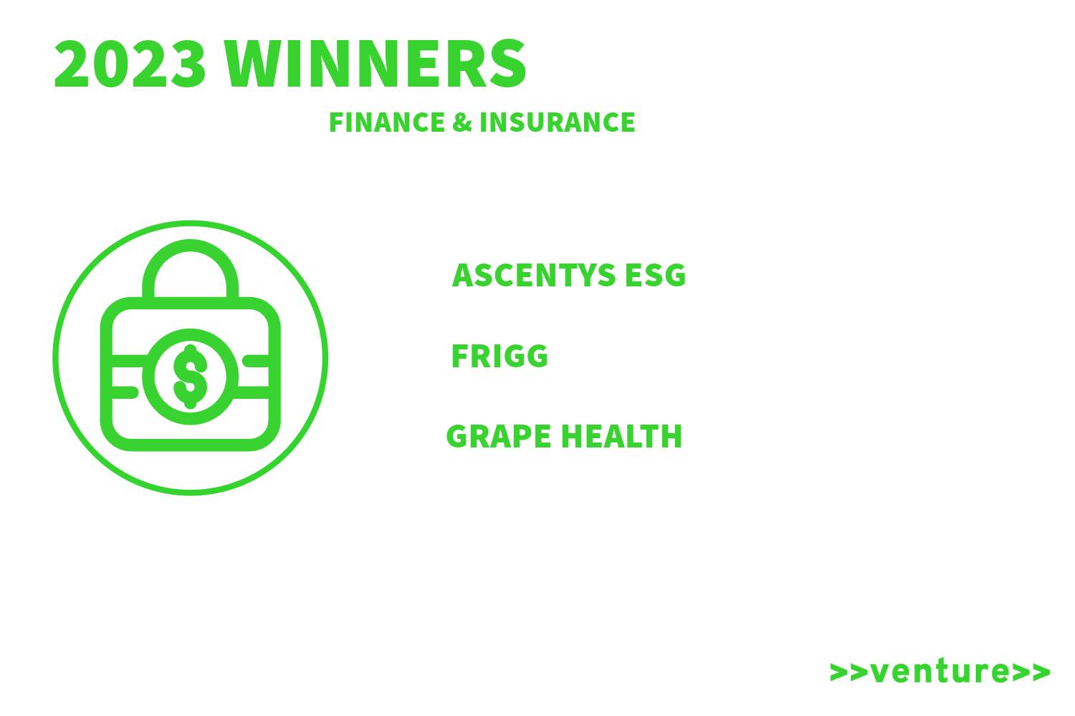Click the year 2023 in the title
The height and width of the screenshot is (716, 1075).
[x=130, y=64]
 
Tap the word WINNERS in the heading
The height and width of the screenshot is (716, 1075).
[x=376, y=64]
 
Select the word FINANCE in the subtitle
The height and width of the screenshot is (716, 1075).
[x=387, y=122]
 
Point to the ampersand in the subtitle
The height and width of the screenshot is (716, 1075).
[x=462, y=122]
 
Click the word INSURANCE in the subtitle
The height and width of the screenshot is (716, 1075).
[x=557, y=122]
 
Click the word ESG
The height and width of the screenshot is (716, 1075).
[x=656, y=275]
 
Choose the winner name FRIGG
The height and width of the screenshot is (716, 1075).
[x=499, y=356]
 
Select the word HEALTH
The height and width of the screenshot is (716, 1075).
[x=621, y=437]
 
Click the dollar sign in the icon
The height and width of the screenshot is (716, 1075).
[x=191, y=377]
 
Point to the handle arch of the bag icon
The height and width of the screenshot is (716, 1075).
[x=191, y=246]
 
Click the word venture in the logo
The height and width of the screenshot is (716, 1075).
[x=940, y=671]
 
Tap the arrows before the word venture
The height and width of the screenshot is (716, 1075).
[x=849, y=672]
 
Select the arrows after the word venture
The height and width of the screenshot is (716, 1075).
[x=1031, y=672]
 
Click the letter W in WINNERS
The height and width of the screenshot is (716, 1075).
[x=256, y=64]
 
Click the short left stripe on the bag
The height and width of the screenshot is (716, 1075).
[x=125, y=392]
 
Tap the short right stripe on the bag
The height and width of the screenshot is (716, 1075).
[x=255, y=362]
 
